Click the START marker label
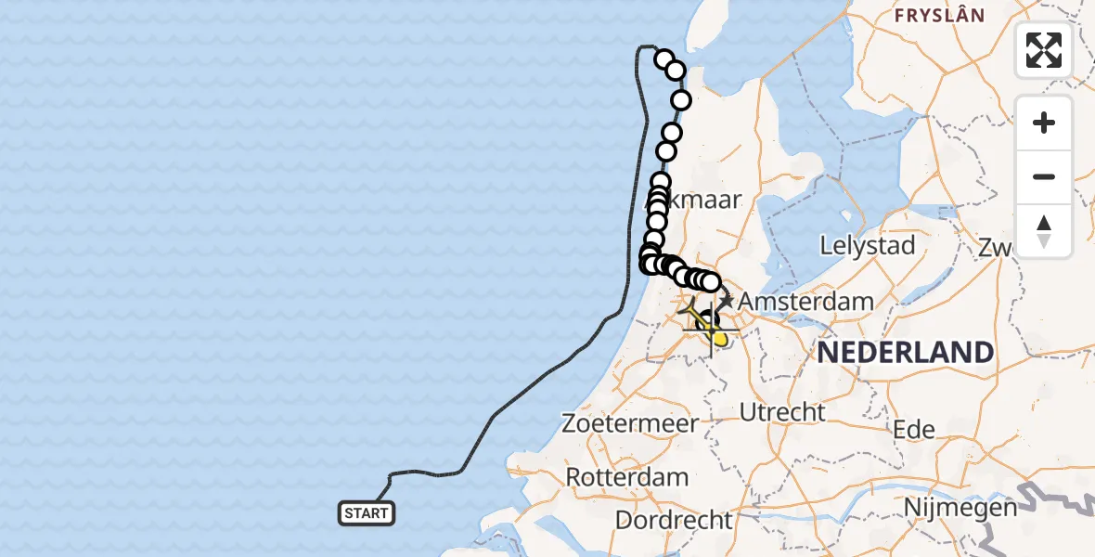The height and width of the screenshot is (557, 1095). click(x=367, y=513)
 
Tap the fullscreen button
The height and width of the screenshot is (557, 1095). click(x=1044, y=50)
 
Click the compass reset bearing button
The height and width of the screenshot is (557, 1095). click(x=1044, y=231)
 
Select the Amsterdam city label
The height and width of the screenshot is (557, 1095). click(x=805, y=302)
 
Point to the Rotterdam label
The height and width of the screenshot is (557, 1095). click(x=627, y=478)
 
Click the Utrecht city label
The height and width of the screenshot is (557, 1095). click(x=783, y=411)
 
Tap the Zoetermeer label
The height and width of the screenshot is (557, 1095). click(x=630, y=424)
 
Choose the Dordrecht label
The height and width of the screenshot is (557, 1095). click(x=675, y=520)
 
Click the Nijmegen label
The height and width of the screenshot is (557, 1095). click(x=960, y=508)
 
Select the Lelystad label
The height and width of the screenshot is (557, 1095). click(x=868, y=246)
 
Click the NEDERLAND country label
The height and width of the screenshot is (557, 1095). click(x=905, y=353)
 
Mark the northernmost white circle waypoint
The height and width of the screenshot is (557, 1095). click(x=663, y=60)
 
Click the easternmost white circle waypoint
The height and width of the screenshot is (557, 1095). click(x=711, y=282)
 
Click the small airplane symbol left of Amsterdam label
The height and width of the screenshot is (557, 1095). click(x=726, y=301)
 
